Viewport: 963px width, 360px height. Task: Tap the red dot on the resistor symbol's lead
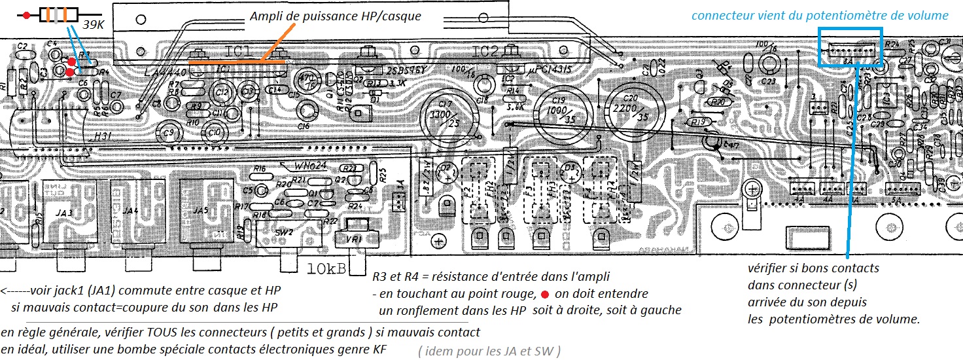[x=26, y=15]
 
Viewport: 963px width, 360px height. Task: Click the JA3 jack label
[x=60, y=211]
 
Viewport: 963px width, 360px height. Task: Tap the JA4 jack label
[x=130, y=211]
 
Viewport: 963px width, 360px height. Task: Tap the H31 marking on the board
[x=103, y=136]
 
